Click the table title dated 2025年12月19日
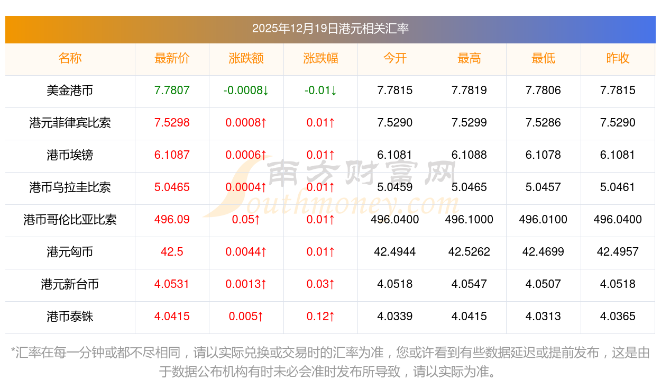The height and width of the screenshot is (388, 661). click(330, 29)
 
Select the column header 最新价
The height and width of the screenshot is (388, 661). click(172, 58)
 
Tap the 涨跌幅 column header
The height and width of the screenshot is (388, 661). click(320, 58)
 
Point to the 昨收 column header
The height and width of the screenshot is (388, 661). click(618, 58)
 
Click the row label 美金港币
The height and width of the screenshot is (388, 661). click(70, 91)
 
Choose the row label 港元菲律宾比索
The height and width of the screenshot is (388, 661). click(70, 123)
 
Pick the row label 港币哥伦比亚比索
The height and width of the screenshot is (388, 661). click(70, 220)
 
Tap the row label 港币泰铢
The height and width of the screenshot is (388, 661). click(70, 317)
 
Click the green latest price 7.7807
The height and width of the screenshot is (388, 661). click(172, 91)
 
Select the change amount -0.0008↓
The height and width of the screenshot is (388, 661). click(246, 91)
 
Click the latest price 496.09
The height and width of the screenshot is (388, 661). click(172, 220)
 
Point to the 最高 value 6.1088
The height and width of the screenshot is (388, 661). click(469, 155)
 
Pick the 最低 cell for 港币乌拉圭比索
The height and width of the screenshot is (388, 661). click(543, 187)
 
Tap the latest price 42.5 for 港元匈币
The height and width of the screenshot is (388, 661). click(172, 252)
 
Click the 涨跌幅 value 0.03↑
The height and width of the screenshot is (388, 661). click(320, 284)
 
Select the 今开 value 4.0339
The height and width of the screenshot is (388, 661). click(394, 317)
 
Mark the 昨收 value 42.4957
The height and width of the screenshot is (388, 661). click(618, 252)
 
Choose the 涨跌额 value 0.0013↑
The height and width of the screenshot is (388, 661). click(246, 284)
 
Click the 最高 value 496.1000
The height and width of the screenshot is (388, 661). click(469, 220)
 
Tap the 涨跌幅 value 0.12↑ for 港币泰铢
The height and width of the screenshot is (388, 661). click(320, 317)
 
